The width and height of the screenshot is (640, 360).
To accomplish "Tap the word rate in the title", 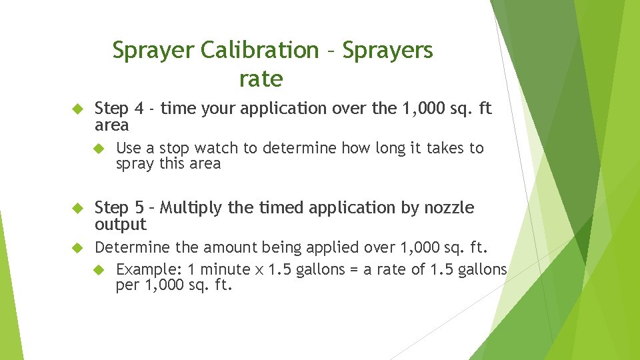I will [x=261, y=79].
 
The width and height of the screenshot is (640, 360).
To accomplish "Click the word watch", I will [x=214, y=147].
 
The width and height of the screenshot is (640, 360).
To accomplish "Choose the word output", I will [x=121, y=224].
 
